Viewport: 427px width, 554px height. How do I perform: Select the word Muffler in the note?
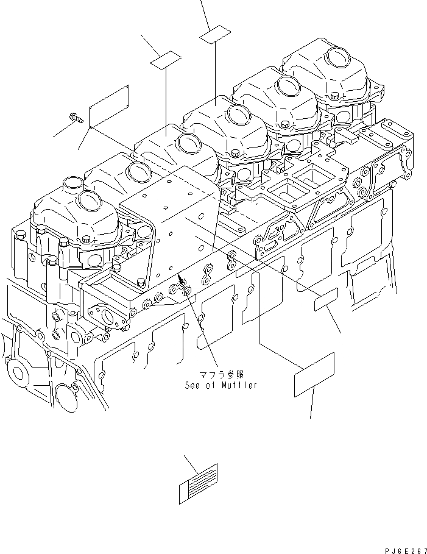(x=238, y=385)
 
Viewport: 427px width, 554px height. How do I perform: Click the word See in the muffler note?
(x=193, y=385)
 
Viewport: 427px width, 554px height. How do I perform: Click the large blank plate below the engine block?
(x=314, y=374)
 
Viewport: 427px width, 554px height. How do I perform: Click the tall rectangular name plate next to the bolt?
(x=108, y=107)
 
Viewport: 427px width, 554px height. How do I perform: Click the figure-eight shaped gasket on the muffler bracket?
(x=232, y=261)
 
